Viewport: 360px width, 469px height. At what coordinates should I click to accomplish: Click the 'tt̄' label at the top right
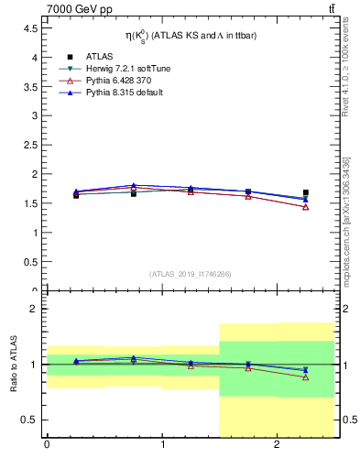331,8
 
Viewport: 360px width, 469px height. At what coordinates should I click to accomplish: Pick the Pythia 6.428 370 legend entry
113,81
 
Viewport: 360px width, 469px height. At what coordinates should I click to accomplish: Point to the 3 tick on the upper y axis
35,115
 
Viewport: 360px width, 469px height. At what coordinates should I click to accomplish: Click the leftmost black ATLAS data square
76,195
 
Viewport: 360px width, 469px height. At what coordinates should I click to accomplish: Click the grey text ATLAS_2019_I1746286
190,273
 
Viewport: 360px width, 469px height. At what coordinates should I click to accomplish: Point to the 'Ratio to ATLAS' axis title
15,364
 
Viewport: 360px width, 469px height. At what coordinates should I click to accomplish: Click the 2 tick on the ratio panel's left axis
35,310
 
